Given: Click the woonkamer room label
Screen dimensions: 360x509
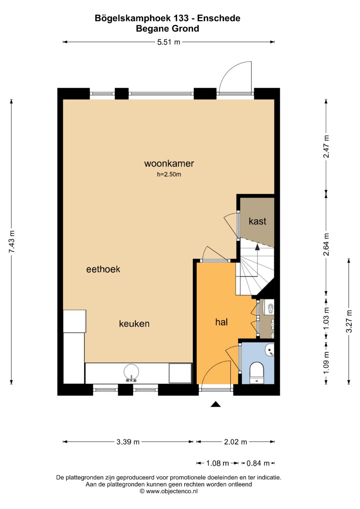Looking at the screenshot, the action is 169,164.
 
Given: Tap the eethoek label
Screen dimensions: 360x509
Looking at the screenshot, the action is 103,269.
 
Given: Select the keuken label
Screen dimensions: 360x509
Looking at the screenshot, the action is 134,324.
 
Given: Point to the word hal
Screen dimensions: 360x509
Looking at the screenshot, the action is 221,322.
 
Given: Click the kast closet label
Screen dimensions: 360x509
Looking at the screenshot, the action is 257,221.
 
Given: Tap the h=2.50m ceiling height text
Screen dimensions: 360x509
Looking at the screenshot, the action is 169,175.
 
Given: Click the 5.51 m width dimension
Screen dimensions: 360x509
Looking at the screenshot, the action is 169,42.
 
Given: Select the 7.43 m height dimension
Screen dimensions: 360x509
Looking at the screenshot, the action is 12,241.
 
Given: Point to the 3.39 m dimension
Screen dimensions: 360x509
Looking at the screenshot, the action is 128,442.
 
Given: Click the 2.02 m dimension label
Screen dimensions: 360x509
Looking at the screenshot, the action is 235,442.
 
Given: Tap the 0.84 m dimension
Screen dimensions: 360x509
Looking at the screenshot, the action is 258,463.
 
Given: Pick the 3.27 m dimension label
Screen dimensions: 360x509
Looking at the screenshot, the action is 349,321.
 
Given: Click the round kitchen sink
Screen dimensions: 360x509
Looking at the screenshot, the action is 131,372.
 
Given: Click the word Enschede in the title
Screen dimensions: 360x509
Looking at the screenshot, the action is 219,18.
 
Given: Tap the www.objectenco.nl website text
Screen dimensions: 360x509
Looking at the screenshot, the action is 172,491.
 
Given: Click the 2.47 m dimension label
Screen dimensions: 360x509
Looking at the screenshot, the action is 326,147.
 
